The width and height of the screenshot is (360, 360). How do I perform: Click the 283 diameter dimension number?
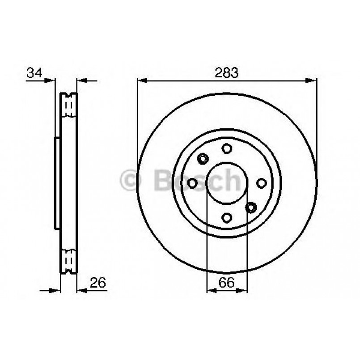click(x=227, y=72)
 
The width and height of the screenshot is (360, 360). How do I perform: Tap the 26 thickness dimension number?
click(x=98, y=282)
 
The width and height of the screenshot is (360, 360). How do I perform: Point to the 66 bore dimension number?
click(x=227, y=282)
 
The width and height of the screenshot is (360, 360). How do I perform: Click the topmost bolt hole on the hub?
click(x=227, y=148)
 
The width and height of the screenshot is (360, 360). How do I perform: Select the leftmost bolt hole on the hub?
click(x=193, y=183)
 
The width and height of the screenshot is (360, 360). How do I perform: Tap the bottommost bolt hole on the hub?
click(x=227, y=217)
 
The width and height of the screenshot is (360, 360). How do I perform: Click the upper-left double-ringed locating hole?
click(x=203, y=158)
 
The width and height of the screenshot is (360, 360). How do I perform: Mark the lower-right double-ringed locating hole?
click(x=251, y=207)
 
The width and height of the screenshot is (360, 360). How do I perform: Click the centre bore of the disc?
click(x=227, y=183)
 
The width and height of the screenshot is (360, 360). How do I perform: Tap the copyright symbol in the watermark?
click(x=131, y=180)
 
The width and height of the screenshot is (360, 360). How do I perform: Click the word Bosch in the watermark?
click(x=197, y=180)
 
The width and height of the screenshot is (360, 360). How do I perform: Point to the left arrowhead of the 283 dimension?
click(x=141, y=81)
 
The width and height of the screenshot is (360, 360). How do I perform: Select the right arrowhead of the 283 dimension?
click(x=313, y=81)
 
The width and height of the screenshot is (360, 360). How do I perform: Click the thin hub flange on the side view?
click(x=57, y=183)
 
